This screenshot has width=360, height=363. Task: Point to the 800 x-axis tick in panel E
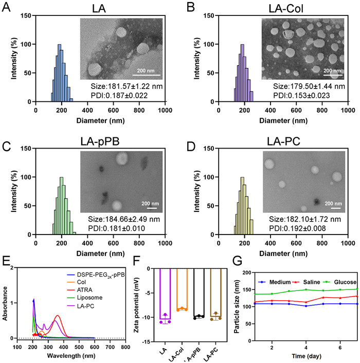click(x=125, y=348)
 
